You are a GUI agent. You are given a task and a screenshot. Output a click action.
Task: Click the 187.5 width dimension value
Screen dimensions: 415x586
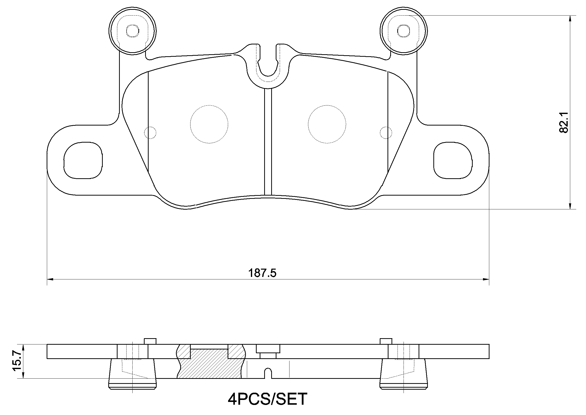(262, 273)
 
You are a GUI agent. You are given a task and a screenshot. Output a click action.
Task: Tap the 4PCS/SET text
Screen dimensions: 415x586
(267, 399)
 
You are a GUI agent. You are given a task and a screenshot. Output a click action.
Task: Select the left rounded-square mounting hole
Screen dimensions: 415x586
(83, 160)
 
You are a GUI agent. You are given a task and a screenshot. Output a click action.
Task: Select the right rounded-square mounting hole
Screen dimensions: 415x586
(452, 160)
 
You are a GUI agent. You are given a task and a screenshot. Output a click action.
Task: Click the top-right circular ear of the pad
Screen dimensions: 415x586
(404, 31)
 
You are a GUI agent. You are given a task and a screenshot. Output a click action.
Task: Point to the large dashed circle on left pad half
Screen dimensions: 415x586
(209, 124)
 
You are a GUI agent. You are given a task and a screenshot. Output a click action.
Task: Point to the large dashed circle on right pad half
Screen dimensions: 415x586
(327, 124)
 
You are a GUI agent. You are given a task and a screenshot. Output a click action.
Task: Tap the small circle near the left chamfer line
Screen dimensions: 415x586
(150, 133)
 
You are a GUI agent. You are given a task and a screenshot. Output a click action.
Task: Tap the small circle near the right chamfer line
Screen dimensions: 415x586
(386, 133)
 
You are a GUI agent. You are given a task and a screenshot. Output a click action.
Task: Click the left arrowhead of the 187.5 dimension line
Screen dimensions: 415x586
(50, 279)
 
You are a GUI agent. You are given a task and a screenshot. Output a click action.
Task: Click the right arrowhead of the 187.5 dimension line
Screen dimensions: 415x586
(486, 279)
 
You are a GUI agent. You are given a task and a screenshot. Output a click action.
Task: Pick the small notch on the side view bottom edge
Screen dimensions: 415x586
(268, 374)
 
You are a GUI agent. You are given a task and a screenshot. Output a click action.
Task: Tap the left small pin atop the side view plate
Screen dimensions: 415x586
(150, 341)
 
